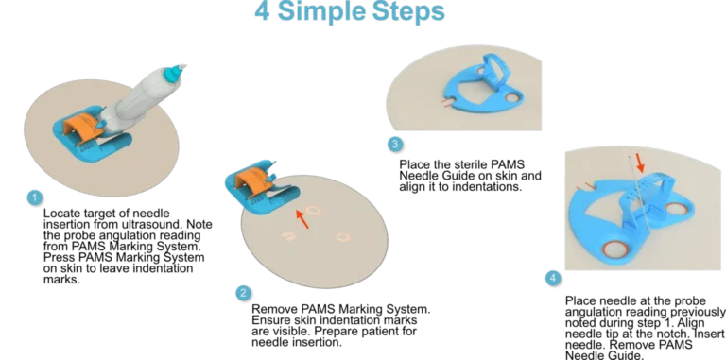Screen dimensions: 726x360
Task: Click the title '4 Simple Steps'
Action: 350,11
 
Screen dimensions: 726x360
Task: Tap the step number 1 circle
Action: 34,198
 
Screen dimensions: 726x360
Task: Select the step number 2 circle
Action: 243,293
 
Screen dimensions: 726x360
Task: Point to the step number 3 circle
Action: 395,145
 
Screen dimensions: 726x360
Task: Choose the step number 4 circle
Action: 553,278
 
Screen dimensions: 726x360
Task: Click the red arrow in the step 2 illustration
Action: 302,218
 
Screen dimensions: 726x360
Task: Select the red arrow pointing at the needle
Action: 639,163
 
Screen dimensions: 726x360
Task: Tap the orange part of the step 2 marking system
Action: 252,181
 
